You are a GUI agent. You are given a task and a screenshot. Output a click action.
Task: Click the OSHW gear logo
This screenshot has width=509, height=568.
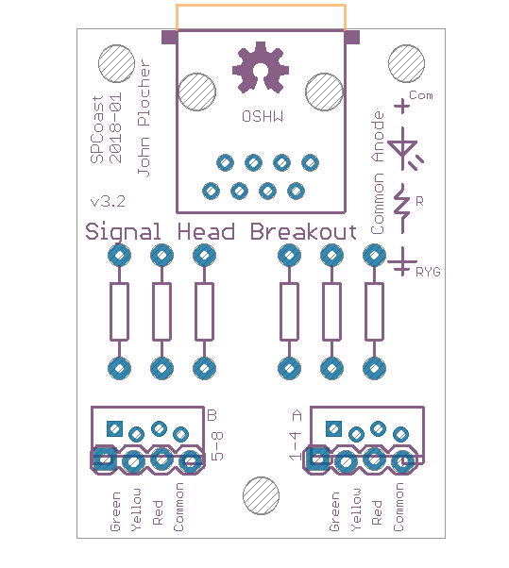pos(261,67)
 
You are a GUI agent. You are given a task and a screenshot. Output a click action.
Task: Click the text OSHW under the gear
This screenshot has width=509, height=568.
pos(263,117)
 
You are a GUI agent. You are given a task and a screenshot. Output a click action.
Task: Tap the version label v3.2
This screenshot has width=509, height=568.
pos(108,201)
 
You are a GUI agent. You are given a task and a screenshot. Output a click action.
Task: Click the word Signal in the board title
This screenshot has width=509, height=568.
pos(123,232)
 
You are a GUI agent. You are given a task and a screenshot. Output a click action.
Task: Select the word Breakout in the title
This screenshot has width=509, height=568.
pos(303,232)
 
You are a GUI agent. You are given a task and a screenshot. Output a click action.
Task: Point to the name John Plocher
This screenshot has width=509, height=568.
pos(144,118)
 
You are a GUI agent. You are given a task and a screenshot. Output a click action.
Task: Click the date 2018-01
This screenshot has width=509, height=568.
pos(115,127)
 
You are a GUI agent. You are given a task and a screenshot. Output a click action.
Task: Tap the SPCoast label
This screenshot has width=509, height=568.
pos(97,129)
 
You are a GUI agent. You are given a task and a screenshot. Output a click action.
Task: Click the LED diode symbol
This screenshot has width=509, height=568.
pos(405,149)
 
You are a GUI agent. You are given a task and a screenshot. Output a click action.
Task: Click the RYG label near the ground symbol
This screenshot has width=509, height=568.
pos(428,272)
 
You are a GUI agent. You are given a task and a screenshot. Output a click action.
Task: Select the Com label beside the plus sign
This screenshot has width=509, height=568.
pos(421,95)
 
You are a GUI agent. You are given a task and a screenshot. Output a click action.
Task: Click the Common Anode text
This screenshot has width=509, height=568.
pos(378,173)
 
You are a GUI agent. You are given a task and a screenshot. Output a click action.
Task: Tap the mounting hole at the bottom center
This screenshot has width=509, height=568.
pos(261,495)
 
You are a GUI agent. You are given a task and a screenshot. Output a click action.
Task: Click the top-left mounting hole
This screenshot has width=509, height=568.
pos(116,63)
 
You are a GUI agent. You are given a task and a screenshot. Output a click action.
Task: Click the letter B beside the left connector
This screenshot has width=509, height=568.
pos(212,415)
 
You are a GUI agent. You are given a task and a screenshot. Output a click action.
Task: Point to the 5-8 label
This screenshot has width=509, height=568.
pos(217,446)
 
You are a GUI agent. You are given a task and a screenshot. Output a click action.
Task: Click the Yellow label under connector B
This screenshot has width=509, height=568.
pos(136,510)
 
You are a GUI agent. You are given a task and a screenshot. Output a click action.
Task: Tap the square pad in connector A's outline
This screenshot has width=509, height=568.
pos(333,429)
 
